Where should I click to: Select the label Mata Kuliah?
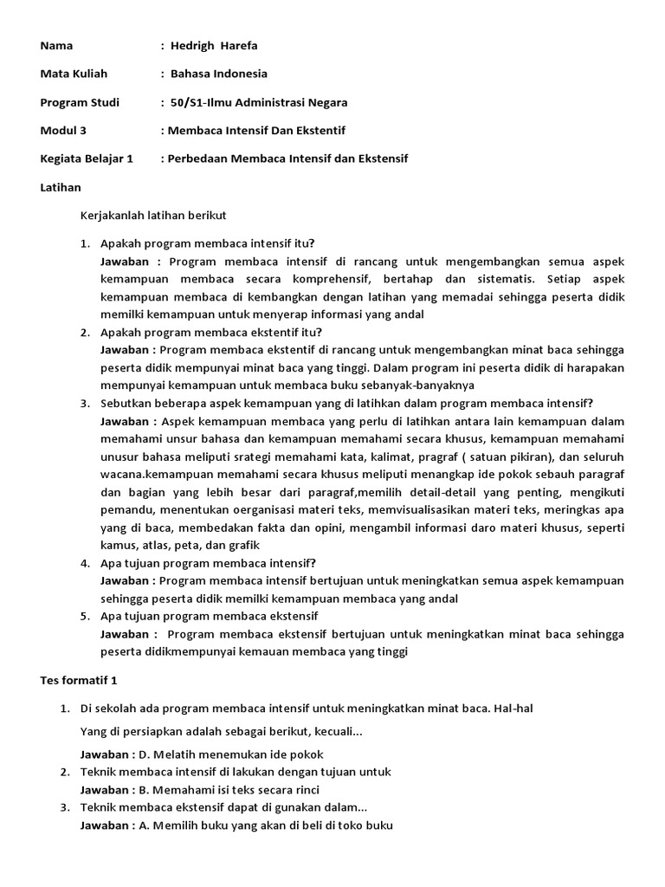point(74,74)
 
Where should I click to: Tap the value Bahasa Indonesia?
point(218,74)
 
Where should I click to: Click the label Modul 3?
point(64,131)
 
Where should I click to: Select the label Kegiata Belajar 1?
point(87,159)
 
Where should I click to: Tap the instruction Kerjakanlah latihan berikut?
point(153,215)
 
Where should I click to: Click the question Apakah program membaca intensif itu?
point(207,243)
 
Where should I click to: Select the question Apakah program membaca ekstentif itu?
point(210,333)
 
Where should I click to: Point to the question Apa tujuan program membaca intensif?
point(208,563)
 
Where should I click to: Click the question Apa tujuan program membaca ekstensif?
point(209,617)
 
